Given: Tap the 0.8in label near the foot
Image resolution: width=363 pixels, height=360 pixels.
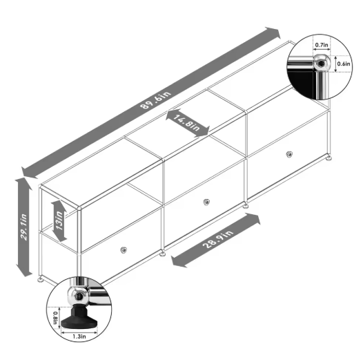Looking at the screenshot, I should point(56,320).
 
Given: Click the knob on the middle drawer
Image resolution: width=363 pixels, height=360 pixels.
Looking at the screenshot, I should point(206,202).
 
